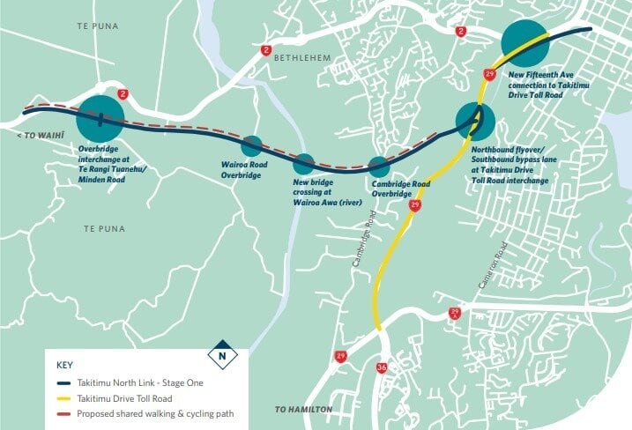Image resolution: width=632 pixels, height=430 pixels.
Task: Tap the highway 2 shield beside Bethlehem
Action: pos(265,51)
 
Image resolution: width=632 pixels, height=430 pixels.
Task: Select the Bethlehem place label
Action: pos(301,58)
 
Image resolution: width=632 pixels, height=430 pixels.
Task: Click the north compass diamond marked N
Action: pos(223,354)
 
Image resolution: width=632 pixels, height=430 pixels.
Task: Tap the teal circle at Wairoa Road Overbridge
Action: pos(252,146)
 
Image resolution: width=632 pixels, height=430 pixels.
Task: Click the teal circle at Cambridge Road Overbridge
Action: pos(379,166)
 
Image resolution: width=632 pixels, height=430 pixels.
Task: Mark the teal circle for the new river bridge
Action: pos(304,163)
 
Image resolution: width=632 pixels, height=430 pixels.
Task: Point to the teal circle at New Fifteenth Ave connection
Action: pos(525,42)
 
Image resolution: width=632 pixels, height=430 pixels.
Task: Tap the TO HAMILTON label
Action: pos(305,410)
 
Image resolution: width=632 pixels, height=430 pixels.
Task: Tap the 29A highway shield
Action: pos(455,314)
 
